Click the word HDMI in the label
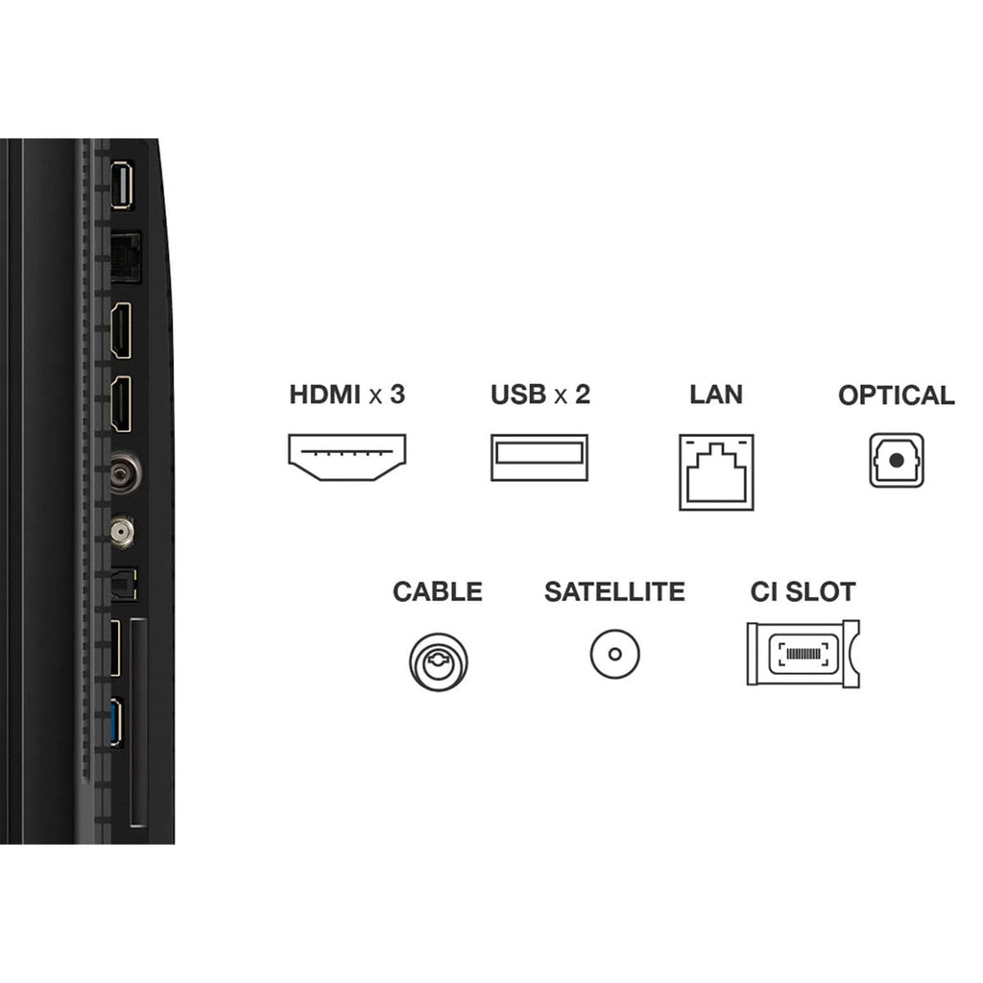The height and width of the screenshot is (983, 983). (324, 395)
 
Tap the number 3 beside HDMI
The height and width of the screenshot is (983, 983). (397, 395)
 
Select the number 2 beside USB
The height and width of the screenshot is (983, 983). (583, 395)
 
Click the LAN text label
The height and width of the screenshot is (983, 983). (716, 395)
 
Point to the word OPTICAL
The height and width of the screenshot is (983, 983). (897, 396)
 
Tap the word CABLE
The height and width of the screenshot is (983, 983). (438, 591)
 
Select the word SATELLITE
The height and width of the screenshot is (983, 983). (615, 591)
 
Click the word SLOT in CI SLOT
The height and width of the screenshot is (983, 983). (821, 591)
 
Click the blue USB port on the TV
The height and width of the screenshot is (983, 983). (116, 723)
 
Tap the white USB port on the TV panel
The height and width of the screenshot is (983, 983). (122, 185)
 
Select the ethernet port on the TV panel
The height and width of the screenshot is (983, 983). (126, 256)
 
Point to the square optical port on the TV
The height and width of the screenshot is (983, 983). (124, 586)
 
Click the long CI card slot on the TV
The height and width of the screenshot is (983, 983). (138, 723)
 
